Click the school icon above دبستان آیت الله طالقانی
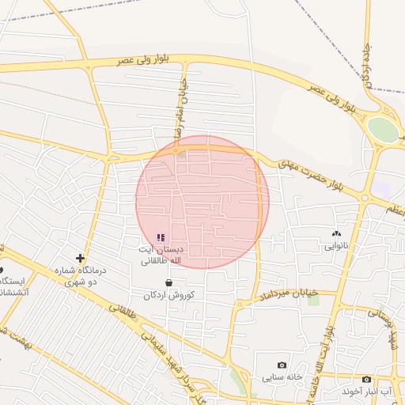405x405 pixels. tap(161, 237)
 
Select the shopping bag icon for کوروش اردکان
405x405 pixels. tap(168, 282)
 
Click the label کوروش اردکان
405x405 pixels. tap(168, 295)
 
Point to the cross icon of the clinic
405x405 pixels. tap(80, 258)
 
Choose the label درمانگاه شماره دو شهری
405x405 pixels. tap(80, 275)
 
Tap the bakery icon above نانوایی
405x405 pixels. tap(337, 233)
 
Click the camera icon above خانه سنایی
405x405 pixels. tap(282, 365)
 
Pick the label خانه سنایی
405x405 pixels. tap(282, 377)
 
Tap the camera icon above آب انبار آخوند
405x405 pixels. tap(366, 380)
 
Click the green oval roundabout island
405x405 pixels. tap(384, 131)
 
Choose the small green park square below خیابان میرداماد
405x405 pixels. tap(314, 300)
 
